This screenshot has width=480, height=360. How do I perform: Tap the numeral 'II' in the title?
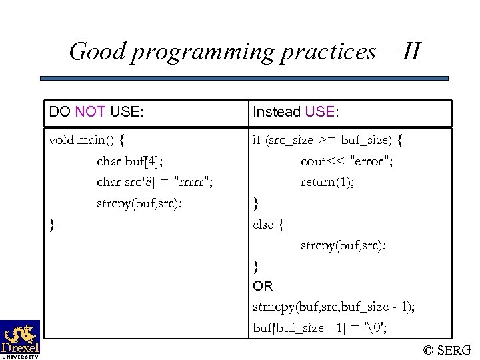(x=412, y=51)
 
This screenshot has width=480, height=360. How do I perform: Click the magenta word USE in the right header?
(x=320, y=112)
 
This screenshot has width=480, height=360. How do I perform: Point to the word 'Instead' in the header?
(x=276, y=112)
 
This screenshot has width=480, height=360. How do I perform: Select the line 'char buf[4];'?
(x=129, y=161)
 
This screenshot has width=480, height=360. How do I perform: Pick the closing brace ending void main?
(x=53, y=224)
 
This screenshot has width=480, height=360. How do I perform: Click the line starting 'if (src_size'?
(x=327, y=140)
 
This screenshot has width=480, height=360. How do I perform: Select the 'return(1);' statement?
(x=327, y=182)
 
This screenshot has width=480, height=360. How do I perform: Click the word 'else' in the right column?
(x=263, y=224)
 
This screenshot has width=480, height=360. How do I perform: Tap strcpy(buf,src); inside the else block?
(x=343, y=245)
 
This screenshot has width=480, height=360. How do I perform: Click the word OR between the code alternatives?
(x=263, y=286)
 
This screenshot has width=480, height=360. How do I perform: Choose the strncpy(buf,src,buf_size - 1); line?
(x=333, y=307)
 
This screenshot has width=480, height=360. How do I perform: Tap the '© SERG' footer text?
(x=447, y=349)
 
